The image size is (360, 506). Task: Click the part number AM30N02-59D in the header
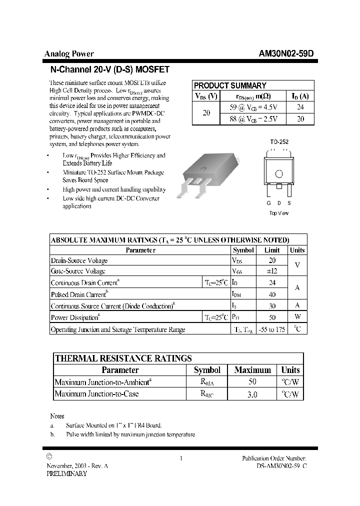pos(286,54)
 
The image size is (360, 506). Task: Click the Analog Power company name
pos(69,54)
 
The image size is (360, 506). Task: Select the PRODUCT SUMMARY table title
pos(230,85)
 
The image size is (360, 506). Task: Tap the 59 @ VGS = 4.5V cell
pos(253,107)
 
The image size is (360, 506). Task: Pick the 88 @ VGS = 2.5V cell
pos(253,118)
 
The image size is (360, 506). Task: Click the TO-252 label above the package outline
pos(279,142)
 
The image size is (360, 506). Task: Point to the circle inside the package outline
pos(279,174)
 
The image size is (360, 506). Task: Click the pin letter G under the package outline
pos(269,203)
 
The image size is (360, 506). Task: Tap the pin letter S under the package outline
pos(289,203)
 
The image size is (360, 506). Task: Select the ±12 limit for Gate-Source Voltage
pos(272,271)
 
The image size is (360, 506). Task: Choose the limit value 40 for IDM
pos(272,294)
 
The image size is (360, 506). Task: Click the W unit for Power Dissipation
pos(297,317)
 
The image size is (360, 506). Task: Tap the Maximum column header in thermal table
pos(252,370)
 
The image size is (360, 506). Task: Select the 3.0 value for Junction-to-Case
pos(252,394)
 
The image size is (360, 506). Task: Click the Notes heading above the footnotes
pos(57,416)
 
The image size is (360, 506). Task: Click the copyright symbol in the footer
pos(49,456)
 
